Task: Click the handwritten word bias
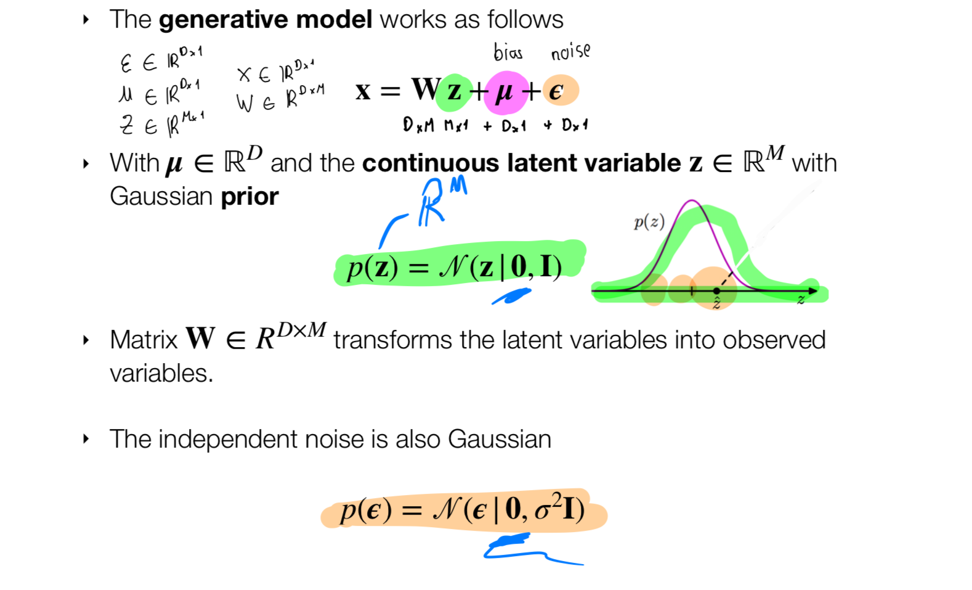(x=508, y=52)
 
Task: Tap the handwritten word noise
(x=570, y=52)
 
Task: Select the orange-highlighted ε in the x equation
(x=556, y=91)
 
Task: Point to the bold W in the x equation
(x=426, y=89)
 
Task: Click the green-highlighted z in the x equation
(x=455, y=91)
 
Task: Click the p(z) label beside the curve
(x=649, y=222)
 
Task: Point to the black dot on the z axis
(x=716, y=290)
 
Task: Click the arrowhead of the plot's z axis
(x=813, y=290)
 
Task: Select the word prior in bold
(x=249, y=197)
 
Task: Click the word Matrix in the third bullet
(x=144, y=340)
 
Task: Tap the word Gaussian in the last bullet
(x=499, y=440)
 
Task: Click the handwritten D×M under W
(x=418, y=125)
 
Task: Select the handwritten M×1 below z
(x=456, y=125)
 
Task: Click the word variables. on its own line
(x=161, y=374)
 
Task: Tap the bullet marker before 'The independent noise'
(x=86, y=439)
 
